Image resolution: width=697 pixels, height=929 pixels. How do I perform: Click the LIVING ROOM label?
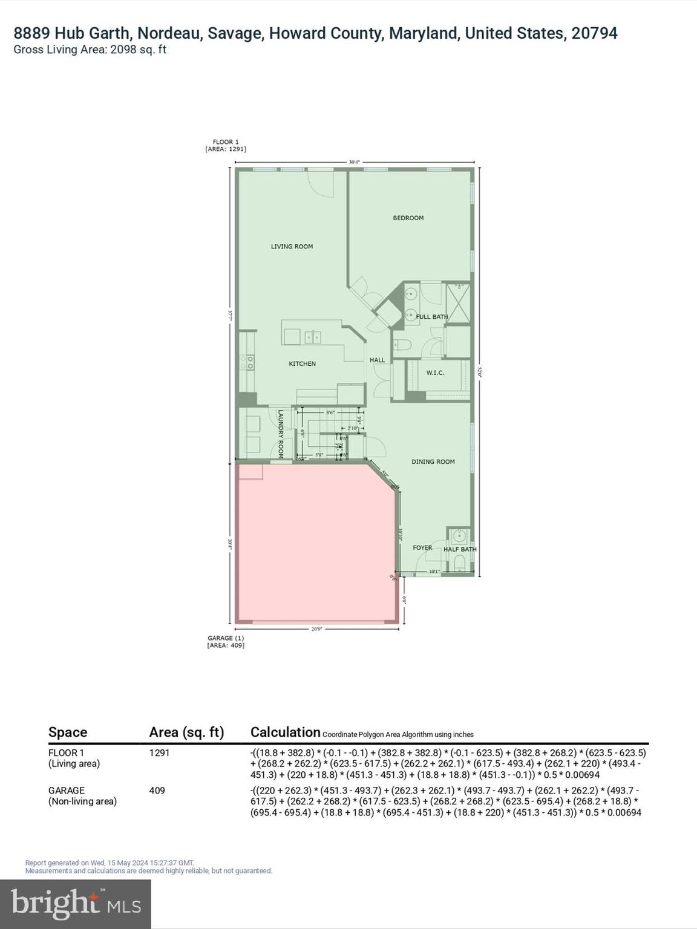[292, 246]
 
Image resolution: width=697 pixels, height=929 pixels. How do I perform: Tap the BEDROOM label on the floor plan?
[408, 218]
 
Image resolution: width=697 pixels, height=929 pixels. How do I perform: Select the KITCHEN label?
[302, 363]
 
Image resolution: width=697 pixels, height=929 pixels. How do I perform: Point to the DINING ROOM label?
[433, 461]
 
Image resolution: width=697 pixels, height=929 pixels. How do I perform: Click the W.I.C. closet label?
[435, 373]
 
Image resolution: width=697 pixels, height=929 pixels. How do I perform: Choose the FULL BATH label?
[432, 316]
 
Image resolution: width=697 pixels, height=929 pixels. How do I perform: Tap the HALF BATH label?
[460, 549]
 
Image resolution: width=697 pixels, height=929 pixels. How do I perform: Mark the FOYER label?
[422, 548]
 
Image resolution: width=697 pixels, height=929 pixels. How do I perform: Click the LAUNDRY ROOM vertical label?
[281, 434]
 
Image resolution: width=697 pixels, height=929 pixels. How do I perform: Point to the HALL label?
[378, 360]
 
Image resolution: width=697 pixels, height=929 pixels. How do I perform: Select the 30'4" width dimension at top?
[354, 161]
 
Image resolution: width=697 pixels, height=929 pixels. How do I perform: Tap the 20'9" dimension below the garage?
[317, 629]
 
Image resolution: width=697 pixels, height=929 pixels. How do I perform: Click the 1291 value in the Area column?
[159, 753]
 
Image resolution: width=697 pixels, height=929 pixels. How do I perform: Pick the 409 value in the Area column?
[157, 790]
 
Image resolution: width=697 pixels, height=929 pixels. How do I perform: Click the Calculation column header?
[285, 732]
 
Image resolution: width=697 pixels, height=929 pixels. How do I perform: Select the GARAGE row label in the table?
[67, 790]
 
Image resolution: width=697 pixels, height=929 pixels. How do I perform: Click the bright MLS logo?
[76, 904]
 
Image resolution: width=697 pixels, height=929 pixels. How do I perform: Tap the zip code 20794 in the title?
[594, 33]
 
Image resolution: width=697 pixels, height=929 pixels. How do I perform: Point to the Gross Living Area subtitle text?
[90, 50]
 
